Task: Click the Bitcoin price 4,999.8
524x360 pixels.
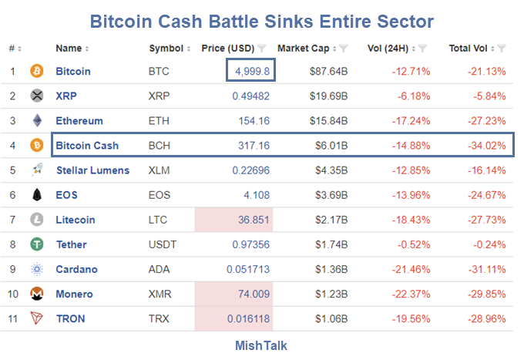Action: click(251, 71)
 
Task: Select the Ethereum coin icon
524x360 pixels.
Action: click(37, 120)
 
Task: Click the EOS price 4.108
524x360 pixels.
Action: click(256, 194)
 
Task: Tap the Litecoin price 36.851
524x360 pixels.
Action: click(253, 220)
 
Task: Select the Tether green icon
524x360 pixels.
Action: click(37, 244)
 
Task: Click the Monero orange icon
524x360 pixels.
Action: click(37, 294)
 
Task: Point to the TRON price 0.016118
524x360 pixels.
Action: click(248, 318)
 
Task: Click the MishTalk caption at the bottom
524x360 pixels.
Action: click(261, 345)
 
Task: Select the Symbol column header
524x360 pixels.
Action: click(166, 48)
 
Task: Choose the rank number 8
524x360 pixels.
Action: click(12, 244)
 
